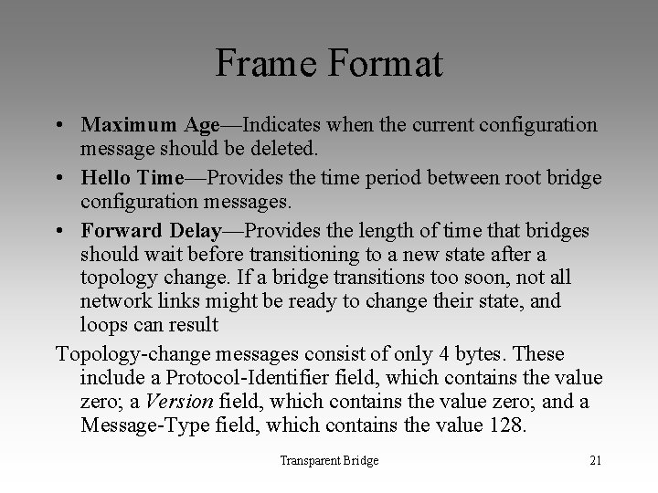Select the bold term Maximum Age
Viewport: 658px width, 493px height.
(150, 124)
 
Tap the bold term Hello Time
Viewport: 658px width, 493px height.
(133, 177)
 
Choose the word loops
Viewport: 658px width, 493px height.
(103, 324)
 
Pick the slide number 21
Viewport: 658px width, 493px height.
(595, 460)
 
